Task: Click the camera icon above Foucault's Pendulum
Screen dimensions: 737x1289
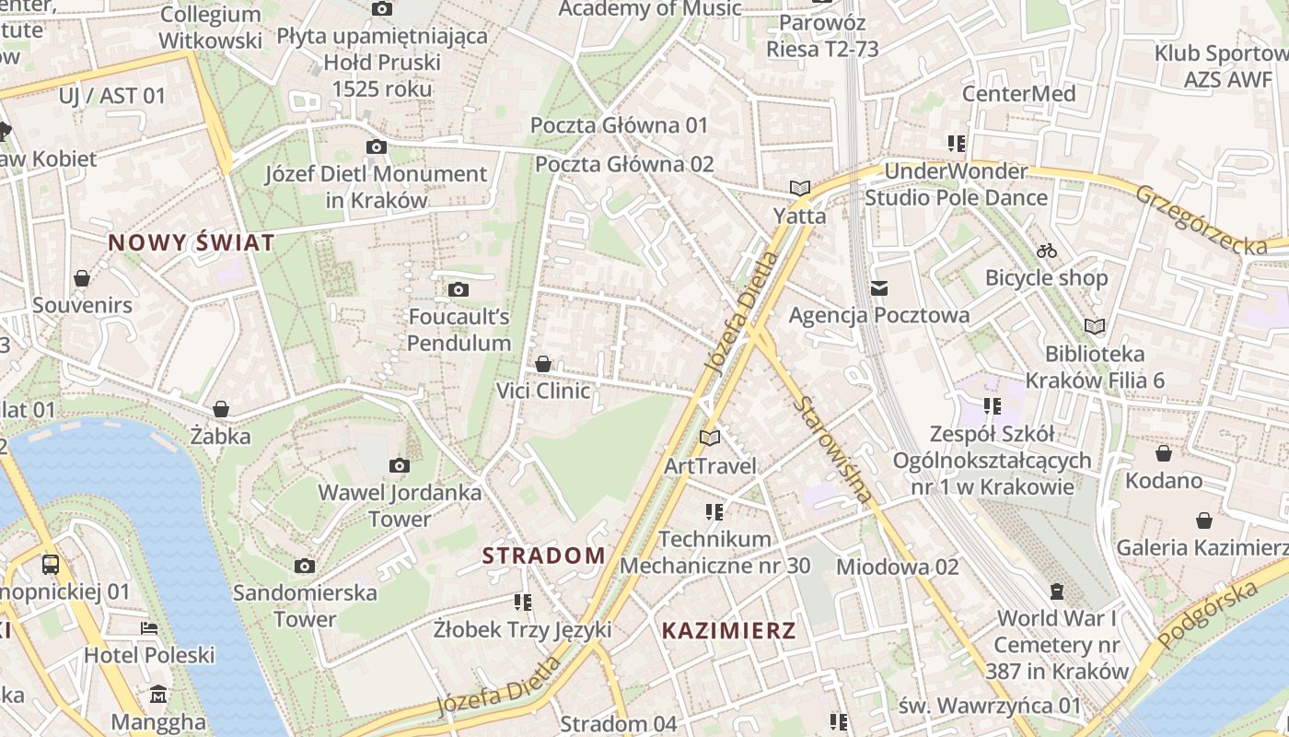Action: (x=458, y=290)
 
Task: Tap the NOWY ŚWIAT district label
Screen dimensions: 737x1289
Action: (x=192, y=243)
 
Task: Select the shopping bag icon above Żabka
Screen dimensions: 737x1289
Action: (x=221, y=409)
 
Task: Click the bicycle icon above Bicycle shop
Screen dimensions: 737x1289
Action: (x=1047, y=251)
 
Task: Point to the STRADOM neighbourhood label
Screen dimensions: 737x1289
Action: (x=544, y=556)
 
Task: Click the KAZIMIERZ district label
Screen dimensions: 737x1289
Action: (x=728, y=631)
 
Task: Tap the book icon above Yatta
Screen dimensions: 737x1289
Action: (x=799, y=189)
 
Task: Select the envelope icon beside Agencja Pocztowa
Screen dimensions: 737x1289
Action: (x=879, y=288)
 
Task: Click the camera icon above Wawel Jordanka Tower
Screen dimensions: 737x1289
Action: (x=399, y=466)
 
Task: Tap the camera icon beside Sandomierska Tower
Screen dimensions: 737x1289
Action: (x=305, y=566)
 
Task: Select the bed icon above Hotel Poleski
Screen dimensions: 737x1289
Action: (x=149, y=628)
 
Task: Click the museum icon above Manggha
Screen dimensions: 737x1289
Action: (x=158, y=694)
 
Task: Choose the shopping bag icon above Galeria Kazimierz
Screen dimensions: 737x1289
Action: (x=1203, y=521)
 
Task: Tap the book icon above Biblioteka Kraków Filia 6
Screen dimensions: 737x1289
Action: (x=1094, y=326)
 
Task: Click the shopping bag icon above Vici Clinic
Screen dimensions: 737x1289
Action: (x=543, y=364)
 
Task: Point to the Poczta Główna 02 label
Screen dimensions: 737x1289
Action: (x=624, y=165)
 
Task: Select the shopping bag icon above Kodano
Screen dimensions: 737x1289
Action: (x=1164, y=453)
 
